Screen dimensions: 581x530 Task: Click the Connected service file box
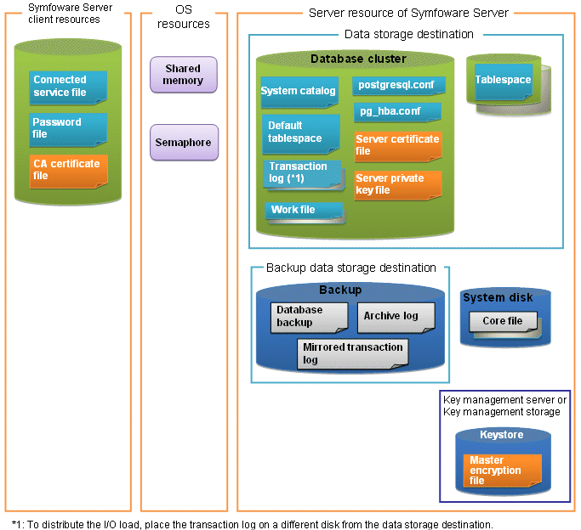pos(68,87)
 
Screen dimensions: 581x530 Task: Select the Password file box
pos(68,129)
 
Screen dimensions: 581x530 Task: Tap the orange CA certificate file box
pos(69,172)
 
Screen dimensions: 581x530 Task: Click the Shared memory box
pos(184,75)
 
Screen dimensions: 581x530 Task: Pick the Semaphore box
pos(184,143)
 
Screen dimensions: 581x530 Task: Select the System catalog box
pos(299,92)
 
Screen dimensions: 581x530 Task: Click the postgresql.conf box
pos(399,86)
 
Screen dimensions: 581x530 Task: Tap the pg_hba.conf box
pos(397,112)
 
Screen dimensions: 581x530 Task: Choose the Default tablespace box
pos(301,134)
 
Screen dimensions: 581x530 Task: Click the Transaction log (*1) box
pos(304,175)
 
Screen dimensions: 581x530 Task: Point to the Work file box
pos(305,212)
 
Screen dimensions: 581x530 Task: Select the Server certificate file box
pos(398,146)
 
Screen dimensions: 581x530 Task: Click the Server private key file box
pos(398,185)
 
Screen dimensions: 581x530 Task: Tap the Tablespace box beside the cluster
pos(504,82)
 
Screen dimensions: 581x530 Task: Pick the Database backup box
pos(310,318)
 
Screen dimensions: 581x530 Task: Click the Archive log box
pos(396,318)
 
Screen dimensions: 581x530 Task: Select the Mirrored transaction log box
pos(353,354)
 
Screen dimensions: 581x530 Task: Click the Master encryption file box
pos(503,471)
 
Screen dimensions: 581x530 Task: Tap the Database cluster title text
pos(358,59)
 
